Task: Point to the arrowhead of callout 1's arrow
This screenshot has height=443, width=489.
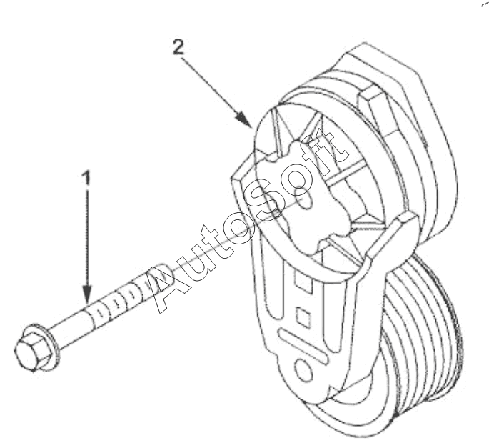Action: tap(87, 294)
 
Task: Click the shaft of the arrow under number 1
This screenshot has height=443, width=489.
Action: tap(87, 236)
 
